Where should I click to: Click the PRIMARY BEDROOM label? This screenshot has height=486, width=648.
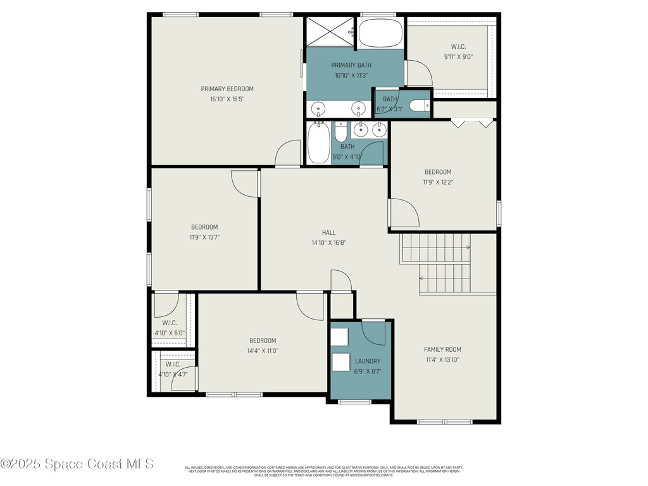point(227,89)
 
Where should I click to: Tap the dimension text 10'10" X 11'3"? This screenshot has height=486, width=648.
point(351,75)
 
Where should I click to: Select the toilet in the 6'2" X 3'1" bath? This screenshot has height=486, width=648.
point(419,106)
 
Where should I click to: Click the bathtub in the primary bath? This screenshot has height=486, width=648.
point(380,34)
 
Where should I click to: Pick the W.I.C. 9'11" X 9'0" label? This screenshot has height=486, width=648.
point(458,46)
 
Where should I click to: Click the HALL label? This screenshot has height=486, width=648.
point(328,232)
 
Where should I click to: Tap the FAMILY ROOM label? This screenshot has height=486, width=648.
point(442,349)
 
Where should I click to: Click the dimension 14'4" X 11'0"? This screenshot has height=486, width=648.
point(262,351)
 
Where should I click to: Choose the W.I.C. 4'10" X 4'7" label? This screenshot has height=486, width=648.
point(173,364)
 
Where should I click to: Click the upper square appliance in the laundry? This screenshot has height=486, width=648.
point(340,336)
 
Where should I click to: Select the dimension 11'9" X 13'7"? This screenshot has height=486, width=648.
point(204,237)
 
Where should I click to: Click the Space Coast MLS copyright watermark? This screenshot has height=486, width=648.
point(77,464)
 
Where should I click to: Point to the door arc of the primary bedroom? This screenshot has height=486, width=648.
point(288,153)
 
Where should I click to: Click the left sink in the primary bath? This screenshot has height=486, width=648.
point(319,108)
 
